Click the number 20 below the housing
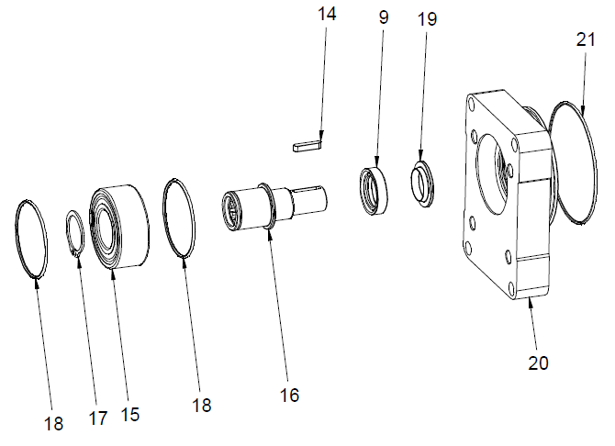coord(538,362)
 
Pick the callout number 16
coord(289,396)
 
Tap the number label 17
coord(97,418)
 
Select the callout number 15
coord(129,415)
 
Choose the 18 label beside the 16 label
coord(201,405)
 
